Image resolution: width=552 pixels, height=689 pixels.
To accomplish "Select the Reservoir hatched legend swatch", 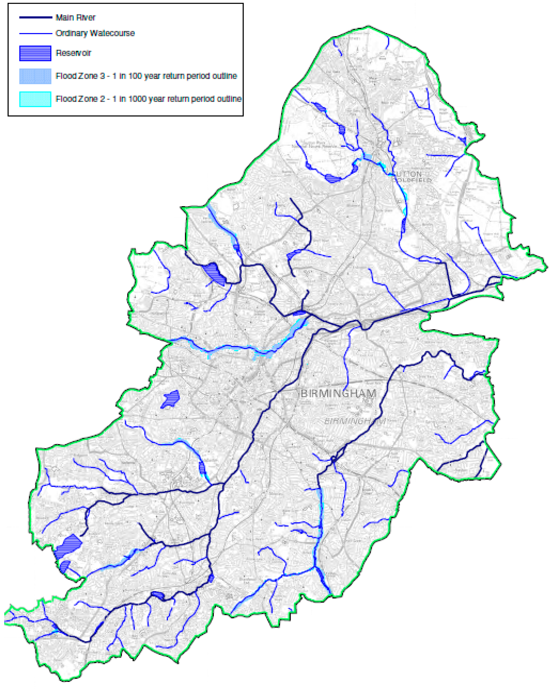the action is pyautogui.click(x=35, y=53).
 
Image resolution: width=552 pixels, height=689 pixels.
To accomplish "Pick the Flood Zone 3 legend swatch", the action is pyautogui.click(x=35, y=76).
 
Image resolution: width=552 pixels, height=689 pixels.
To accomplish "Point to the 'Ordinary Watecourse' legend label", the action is pyautogui.click(x=95, y=33).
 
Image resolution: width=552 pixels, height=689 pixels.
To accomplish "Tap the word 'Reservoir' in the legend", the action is pyautogui.click(x=73, y=53).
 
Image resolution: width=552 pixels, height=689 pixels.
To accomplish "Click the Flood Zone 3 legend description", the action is pyautogui.click(x=146, y=76).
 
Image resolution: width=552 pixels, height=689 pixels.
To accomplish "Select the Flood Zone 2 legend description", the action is pyautogui.click(x=148, y=99).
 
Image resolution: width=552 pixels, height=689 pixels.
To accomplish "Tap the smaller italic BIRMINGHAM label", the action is pyautogui.click(x=354, y=422).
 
